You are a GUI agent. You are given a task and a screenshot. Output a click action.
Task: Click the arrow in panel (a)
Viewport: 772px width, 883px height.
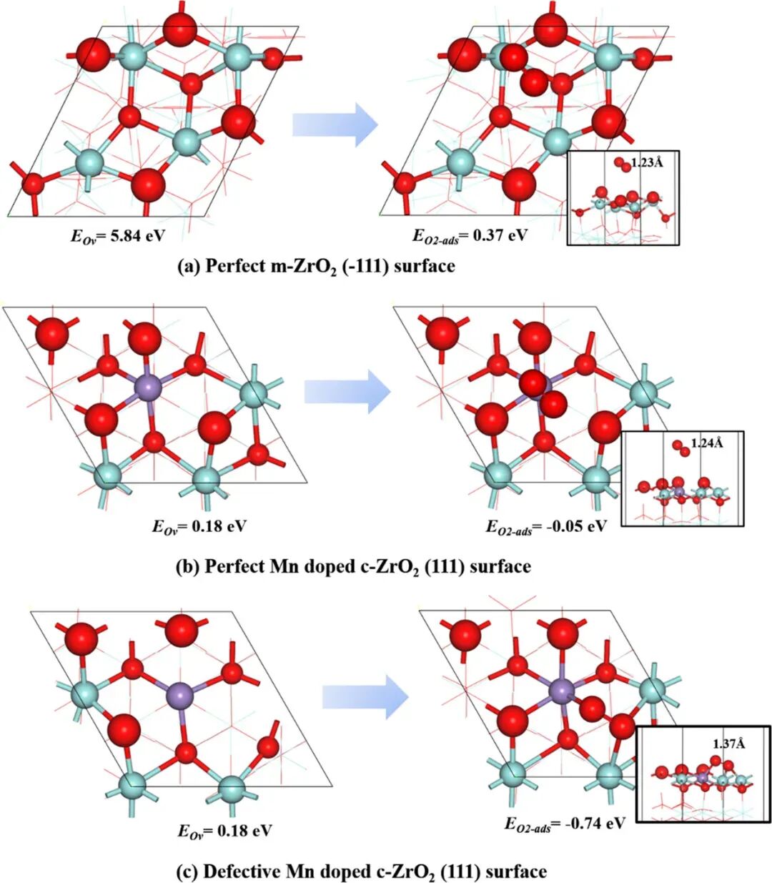point(335,124)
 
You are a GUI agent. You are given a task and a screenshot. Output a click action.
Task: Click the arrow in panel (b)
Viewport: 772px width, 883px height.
point(347,390)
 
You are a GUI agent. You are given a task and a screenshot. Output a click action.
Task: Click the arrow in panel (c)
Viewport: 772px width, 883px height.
point(365,696)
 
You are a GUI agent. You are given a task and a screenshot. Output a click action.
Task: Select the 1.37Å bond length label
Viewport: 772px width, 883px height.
point(729,744)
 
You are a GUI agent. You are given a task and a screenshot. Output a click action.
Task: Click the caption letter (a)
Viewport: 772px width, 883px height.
point(188,267)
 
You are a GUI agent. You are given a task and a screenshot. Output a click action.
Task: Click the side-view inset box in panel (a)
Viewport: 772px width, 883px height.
point(622,198)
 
